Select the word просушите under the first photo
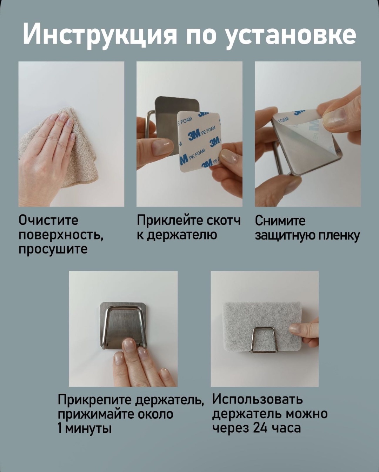pyautogui.click(x=53, y=249)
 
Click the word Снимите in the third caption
pyautogui.click(x=280, y=221)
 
